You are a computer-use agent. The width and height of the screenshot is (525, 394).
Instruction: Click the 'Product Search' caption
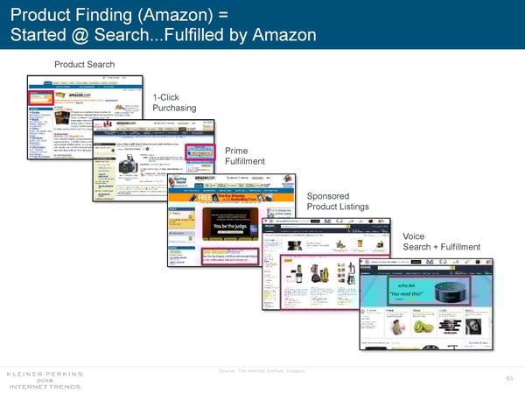(84, 64)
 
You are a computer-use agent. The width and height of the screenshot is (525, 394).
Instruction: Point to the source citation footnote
(262, 372)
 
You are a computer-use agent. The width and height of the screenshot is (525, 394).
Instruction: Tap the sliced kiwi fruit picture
(423, 325)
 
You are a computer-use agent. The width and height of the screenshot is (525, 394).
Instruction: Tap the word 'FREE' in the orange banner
(178, 197)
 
